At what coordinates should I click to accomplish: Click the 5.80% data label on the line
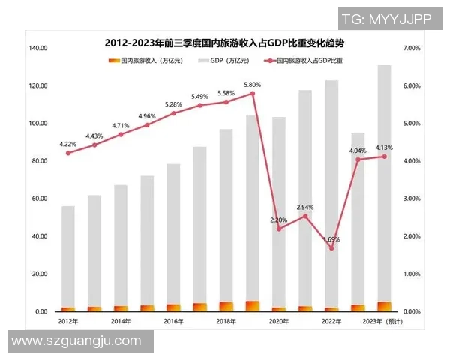click(x=252, y=85)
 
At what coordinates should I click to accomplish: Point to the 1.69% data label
click(x=331, y=239)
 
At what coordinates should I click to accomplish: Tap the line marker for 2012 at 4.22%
click(x=68, y=153)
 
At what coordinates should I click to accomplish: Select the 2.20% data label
click(x=278, y=220)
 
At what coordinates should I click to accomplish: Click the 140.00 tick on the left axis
click(x=38, y=48)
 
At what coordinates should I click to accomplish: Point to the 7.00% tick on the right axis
click(x=412, y=48)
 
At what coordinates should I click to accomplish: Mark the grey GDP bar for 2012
click(x=68, y=255)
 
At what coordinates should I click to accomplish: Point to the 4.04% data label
click(x=357, y=151)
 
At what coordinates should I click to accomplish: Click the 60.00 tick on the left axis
click(x=38, y=199)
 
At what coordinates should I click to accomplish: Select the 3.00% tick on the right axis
click(x=412, y=199)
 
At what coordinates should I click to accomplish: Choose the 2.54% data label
click(x=304, y=207)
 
